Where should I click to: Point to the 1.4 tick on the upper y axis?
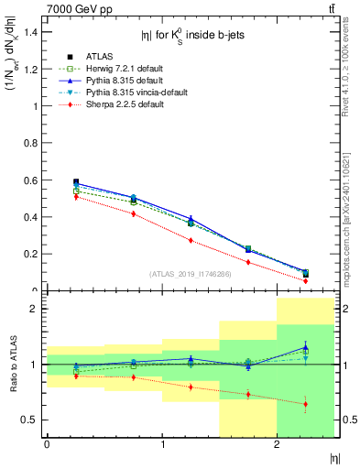pos(29,32)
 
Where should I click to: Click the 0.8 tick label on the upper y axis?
pos(29,143)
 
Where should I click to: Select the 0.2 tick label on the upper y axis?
pos(29,254)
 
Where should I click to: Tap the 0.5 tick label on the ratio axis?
pos(29,420)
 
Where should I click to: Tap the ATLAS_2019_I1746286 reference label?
pos(191,273)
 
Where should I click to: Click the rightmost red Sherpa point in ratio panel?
pos(305,404)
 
